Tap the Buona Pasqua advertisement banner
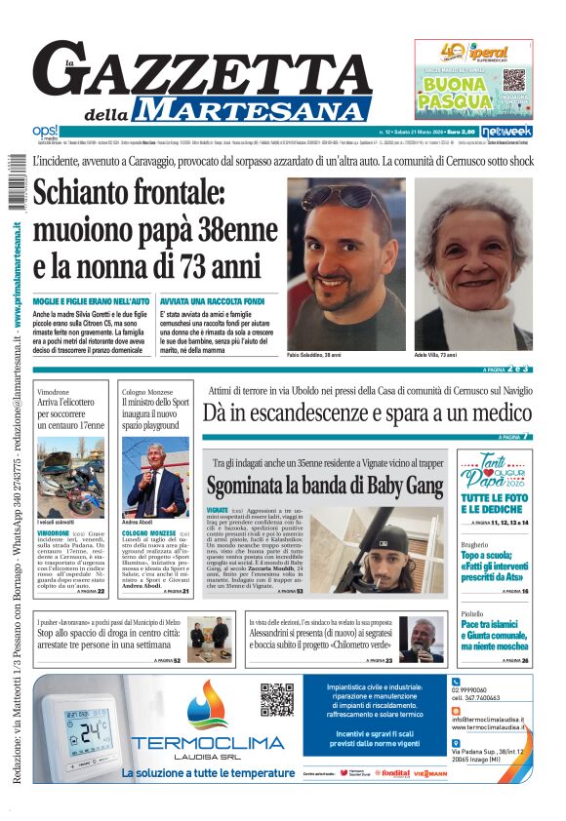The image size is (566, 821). click(x=472, y=80)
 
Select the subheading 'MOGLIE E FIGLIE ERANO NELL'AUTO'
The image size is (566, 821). click(x=92, y=302)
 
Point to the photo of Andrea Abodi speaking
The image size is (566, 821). click(x=155, y=479)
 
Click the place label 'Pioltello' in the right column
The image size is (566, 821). click(x=474, y=615)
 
